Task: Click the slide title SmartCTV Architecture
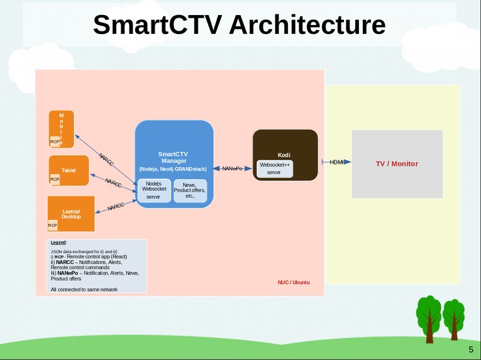click(x=239, y=25)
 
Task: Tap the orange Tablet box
click(x=69, y=170)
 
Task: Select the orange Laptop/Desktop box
click(x=71, y=214)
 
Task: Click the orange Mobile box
click(x=62, y=129)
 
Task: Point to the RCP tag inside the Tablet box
click(x=55, y=180)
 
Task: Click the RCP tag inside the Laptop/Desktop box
click(x=53, y=225)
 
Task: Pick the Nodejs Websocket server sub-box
click(x=153, y=190)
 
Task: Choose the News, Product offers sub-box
click(x=190, y=190)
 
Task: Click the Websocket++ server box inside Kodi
click(x=274, y=168)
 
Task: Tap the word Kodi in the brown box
click(x=284, y=155)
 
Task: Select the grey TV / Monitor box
click(x=397, y=164)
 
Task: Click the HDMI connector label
click(x=337, y=162)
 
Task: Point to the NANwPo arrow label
click(x=232, y=168)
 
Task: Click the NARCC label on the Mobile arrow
click(x=106, y=160)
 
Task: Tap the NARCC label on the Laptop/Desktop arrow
click(x=116, y=206)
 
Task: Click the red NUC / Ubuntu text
click(x=294, y=283)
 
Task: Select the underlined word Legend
click(x=58, y=242)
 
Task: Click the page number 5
click(x=470, y=349)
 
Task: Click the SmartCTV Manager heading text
click(x=173, y=157)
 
